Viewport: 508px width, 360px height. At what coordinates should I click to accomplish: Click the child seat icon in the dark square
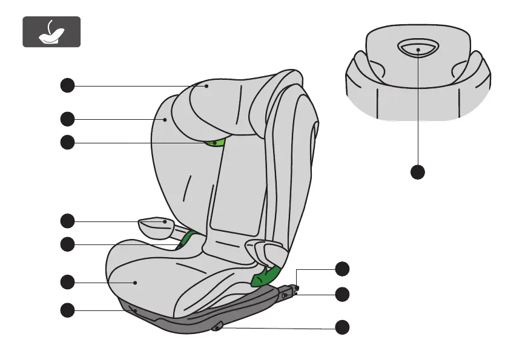pos(51,32)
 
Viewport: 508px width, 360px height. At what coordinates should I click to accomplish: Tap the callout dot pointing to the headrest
pos(67,86)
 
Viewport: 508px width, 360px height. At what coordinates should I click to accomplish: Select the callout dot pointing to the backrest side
pos(67,118)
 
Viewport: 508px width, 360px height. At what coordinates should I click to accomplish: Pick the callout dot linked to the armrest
pos(67,220)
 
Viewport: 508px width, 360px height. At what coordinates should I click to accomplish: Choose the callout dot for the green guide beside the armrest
pos(67,244)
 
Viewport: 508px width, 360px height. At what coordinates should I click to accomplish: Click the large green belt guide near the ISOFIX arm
pos(264,275)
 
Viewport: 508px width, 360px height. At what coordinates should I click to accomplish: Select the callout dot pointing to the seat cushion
pos(67,281)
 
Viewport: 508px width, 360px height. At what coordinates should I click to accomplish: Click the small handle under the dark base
pos(218,327)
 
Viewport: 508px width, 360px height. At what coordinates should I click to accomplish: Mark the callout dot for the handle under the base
pos(343,327)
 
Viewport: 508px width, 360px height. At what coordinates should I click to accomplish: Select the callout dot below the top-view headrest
pos(417,172)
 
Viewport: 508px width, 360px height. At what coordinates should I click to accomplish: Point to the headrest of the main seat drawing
pos(236,103)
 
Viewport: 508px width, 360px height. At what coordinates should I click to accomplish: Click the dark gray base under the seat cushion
pos(182,318)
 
